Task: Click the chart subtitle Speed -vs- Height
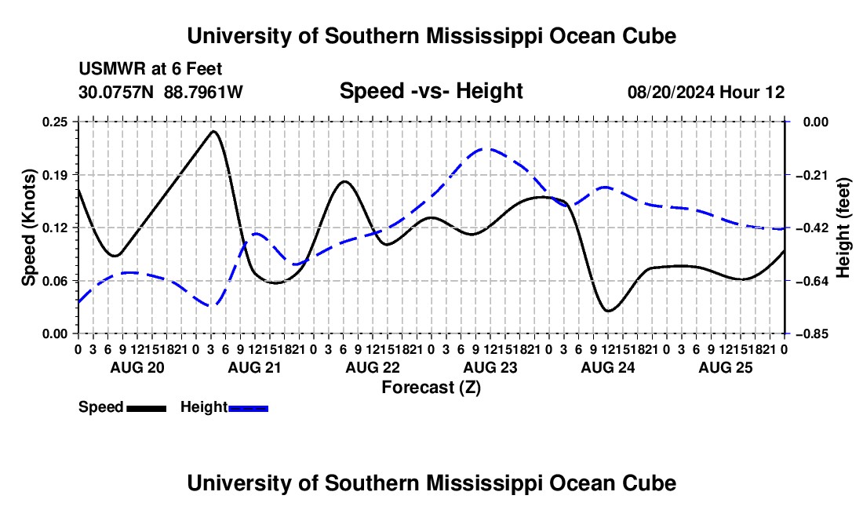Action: tap(431, 91)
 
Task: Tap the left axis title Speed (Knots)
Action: tap(28, 228)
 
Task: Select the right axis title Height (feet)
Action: tap(843, 228)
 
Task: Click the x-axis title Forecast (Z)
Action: tap(431, 388)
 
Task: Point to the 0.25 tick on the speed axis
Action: tap(54, 122)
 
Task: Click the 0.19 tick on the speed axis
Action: tap(54, 175)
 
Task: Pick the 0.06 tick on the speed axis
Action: tap(54, 281)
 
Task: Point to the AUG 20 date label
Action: tap(137, 367)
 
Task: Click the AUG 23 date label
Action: tap(490, 367)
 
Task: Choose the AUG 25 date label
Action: tap(726, 367)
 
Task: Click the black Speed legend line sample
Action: tap(147, 408)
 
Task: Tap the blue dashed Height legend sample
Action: tap(248, 408)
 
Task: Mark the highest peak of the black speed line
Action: tap(213, 131)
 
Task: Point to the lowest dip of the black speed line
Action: tap(608, 311)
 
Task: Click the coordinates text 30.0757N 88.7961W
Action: tap(161, 92)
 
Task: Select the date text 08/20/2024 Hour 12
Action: tap(706, 92)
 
